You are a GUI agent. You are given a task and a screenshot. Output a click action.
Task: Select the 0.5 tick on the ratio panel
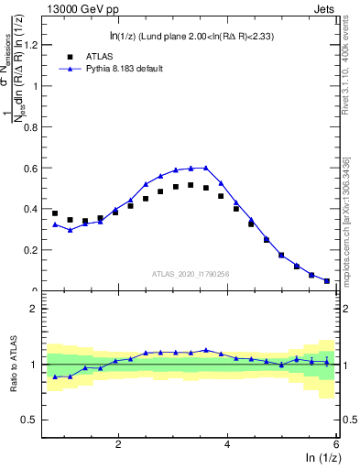tap(32, 420)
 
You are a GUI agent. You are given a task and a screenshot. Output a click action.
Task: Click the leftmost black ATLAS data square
tap(55, 213)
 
